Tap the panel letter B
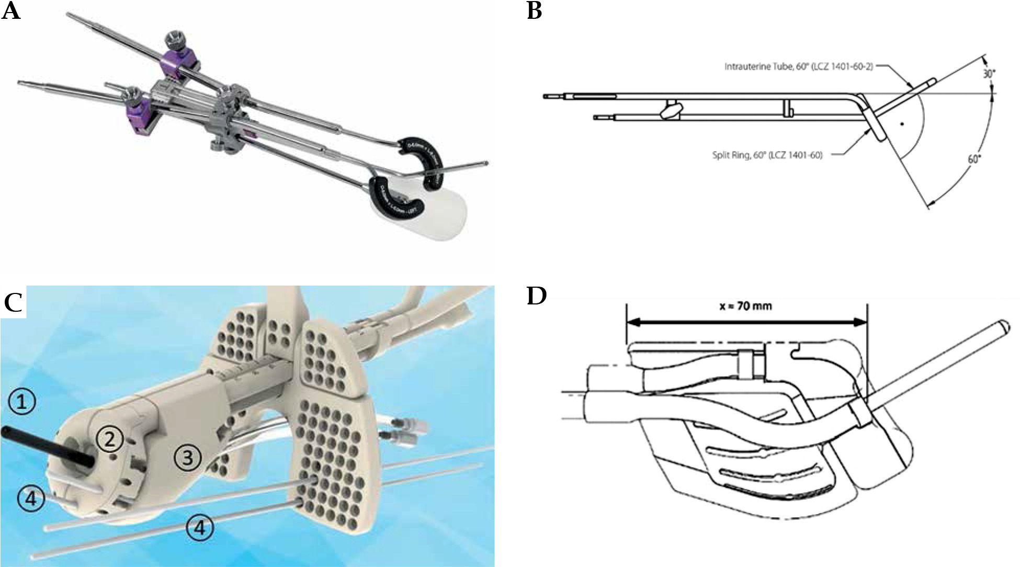pos(534,11)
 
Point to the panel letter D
pos(536,296)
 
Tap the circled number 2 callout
pos(109,439)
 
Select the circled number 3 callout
pos(187,458)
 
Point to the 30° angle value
pos(988,74)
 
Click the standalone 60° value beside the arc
pos(973,159)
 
